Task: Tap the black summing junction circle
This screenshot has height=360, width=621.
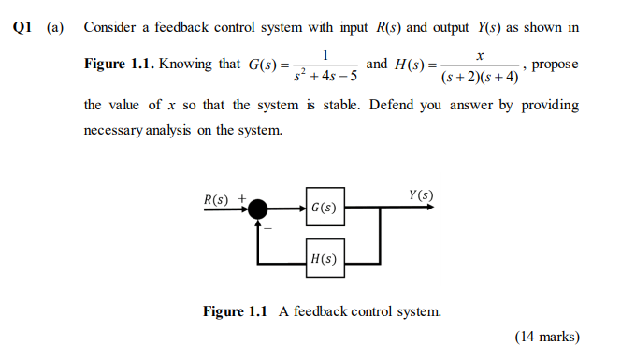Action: click(256, 208)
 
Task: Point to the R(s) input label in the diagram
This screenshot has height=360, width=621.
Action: click(216, 198)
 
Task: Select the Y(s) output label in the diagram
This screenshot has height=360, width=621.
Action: click(420, 194)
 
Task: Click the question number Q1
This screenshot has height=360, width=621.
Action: click(25, 27)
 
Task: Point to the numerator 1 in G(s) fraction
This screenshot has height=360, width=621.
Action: click(325, 54)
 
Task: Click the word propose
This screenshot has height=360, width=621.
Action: click(556, 65)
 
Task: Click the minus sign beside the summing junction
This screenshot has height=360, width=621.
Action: click(266, 227)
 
